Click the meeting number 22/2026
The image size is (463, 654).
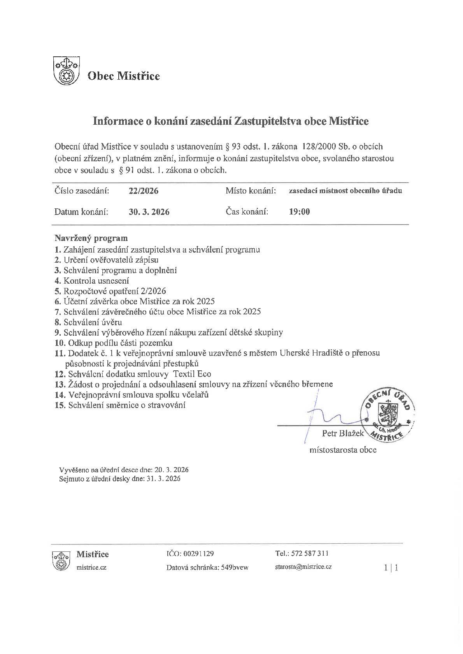click(x=144, y=191)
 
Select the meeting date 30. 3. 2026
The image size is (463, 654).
click(x=149, y=212)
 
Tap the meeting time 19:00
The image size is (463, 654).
click(x=299, y=212)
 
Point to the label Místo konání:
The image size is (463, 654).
click(x=251, y=191)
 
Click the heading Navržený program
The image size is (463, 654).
click(x=91, y=238)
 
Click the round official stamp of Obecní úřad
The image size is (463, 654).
click(x=387, y=416)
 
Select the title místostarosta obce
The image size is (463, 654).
click(x=343, y=450)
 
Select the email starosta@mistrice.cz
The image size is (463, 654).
click(x=303, y=567)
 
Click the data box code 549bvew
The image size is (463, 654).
click(x=235, y=567)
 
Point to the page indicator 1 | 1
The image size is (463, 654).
click(x=391, y=568)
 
